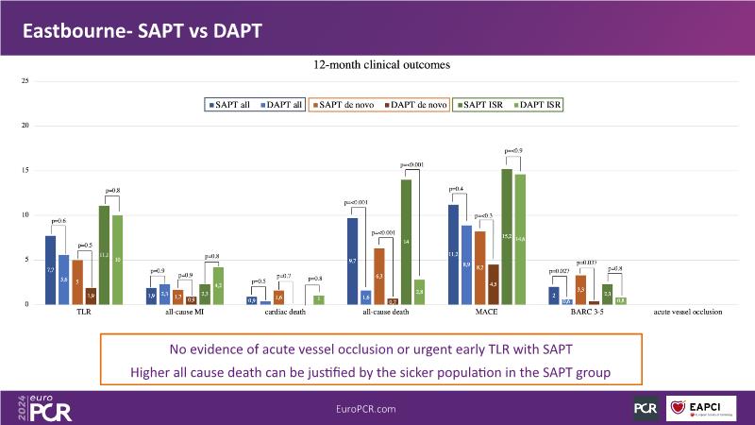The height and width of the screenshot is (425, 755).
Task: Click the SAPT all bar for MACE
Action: tap(453, 254)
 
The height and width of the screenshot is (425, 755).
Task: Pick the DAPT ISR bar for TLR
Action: tap(117, 260)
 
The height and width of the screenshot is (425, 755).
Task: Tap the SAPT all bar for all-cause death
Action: tap(353, 261)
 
